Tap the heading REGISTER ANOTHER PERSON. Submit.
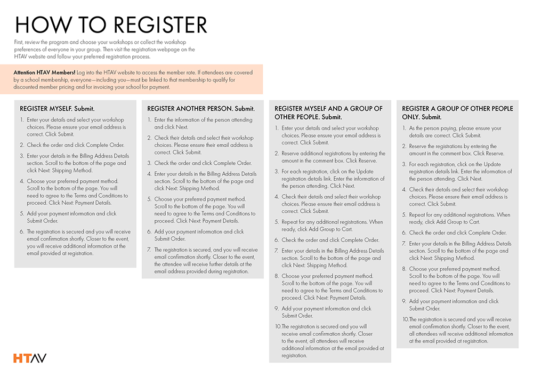(197, 108)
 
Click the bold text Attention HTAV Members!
(44, 72)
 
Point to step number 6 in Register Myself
(22, 232)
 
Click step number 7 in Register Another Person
(149, 250)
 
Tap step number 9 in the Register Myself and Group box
(277, 309)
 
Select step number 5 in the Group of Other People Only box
(405, 215)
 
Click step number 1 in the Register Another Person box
(149, 120)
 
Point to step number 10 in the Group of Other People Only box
(405, 319)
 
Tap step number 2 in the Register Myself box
(22, 145)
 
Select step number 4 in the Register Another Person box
(149, 174)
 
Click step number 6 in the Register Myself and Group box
(277, 240)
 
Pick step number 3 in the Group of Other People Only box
(405, 164)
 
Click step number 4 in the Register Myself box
(22, 181)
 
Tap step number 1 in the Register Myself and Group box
(277, 129)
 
